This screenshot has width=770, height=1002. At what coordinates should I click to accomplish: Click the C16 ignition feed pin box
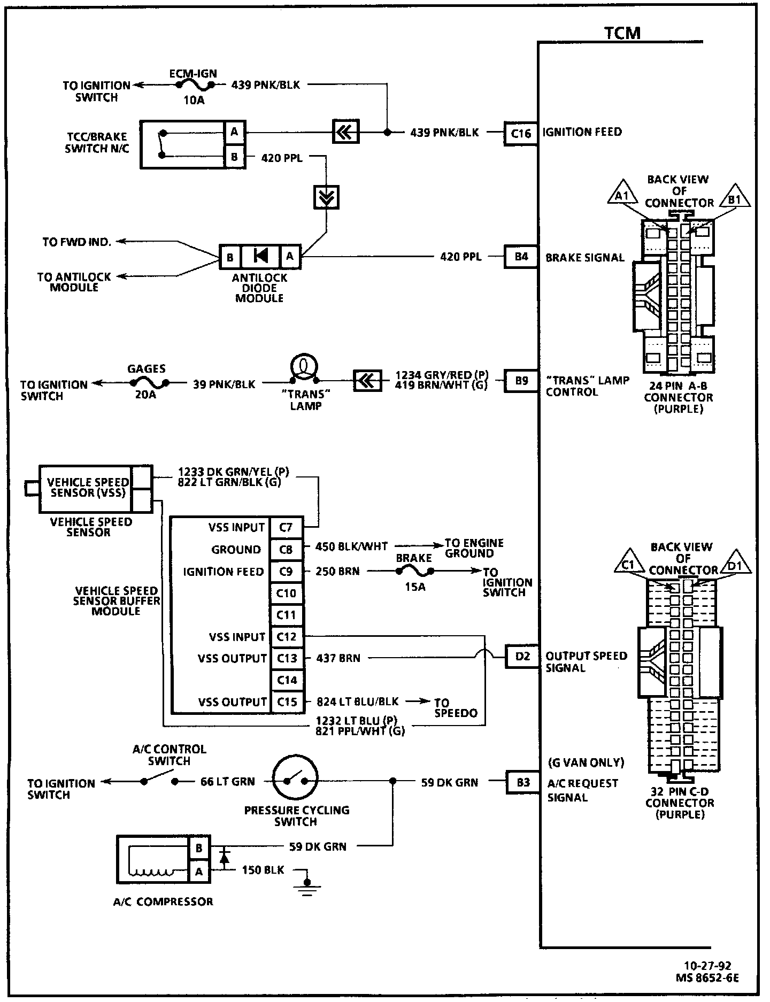point(520,133)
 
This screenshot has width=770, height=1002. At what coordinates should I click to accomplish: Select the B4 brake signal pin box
point(521,257)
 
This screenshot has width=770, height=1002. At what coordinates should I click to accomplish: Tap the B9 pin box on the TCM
point(521,381)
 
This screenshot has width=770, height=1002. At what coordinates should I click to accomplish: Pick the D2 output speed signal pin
point(522,656)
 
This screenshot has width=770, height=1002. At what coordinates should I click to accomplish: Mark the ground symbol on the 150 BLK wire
point(307,888)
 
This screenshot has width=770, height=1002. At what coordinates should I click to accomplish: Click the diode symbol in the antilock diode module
point(260,257)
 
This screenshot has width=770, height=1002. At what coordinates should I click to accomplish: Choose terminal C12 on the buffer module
point(287,637)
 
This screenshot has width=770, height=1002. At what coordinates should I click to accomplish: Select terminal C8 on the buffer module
point(287,549)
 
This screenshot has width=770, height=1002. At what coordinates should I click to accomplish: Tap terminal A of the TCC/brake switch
point(234,132)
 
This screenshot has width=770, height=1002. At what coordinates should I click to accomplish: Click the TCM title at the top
point(622,33)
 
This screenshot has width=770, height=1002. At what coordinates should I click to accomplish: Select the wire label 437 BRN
point(338,658)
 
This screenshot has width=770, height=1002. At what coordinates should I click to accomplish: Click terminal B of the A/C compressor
point(199,848)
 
